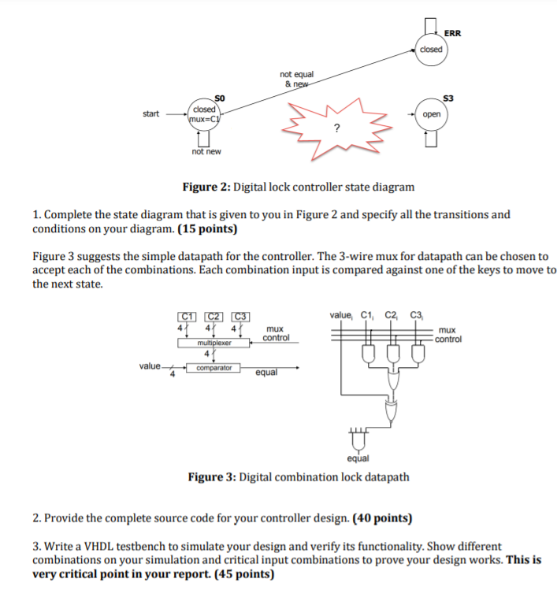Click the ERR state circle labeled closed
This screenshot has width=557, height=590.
click(431, 49)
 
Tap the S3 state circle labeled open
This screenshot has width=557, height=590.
click(431, 114)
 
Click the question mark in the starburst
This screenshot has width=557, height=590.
click(336, 128)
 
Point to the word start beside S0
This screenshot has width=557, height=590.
click(151, 114)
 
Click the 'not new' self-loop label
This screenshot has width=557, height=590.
click(206, 151)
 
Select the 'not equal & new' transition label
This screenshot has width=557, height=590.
click(296, 79)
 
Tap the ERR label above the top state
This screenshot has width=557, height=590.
click(453, 33)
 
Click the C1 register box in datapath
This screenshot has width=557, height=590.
click(186, 317)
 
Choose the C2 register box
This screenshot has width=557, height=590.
click(214, 317)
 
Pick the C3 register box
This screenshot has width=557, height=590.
click(241, 317)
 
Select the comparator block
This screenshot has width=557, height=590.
click(214, 367)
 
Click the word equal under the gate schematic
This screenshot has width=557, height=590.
click(357, 458)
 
